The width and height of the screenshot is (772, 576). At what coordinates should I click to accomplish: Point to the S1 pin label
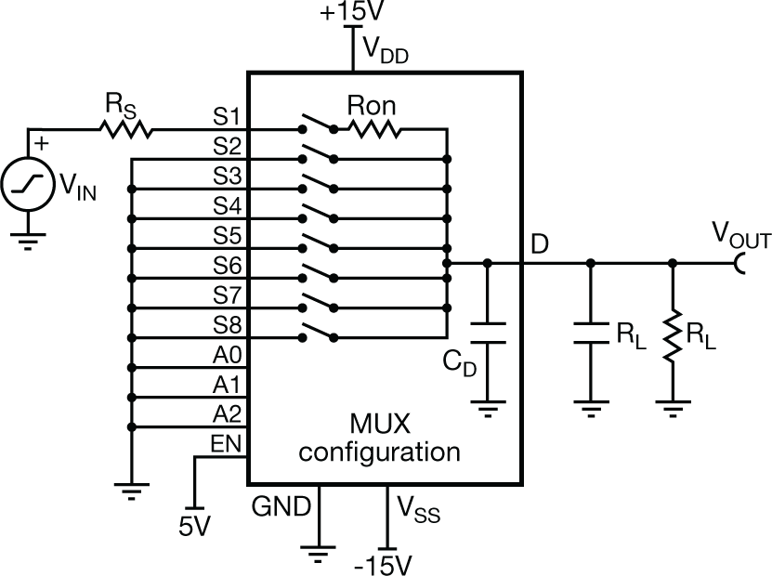point(227,118)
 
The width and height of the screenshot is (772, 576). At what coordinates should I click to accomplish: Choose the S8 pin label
point(227,326)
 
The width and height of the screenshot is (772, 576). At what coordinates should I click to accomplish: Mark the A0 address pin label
point(227,356)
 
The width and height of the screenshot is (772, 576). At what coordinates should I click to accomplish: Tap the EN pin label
point(227,445)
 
